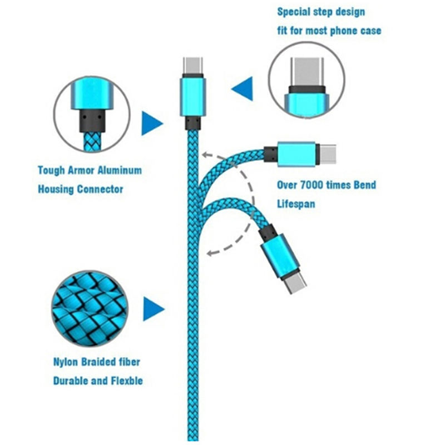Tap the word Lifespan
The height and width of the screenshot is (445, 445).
[x=296, y=204]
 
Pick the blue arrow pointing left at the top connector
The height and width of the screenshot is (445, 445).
[x=243, y=89]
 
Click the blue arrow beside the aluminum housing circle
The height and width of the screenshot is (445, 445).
[x=151, y=123]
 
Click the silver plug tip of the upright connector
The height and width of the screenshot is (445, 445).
[x=192, y=66]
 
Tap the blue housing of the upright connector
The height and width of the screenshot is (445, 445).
[x=192, y=96]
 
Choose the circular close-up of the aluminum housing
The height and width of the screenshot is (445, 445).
[x=92, y=115]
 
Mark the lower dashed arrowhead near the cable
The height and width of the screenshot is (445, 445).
[x=210, y=254]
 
